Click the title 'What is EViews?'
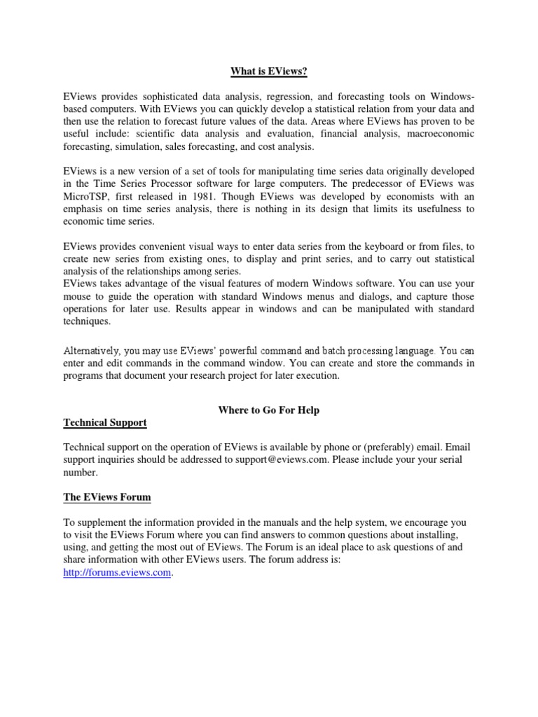pyautogui.click(x=269, y=71)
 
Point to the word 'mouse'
pyautogui.click(x=77, y=295)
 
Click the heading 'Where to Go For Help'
pyautogui.click(x=269, y=410)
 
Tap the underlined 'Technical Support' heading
pyautogui.click(x=105, y=423)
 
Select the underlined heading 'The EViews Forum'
pyautogui.click(x=106, y=497)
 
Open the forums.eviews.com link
pyautogui.click(x=117, y=573)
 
